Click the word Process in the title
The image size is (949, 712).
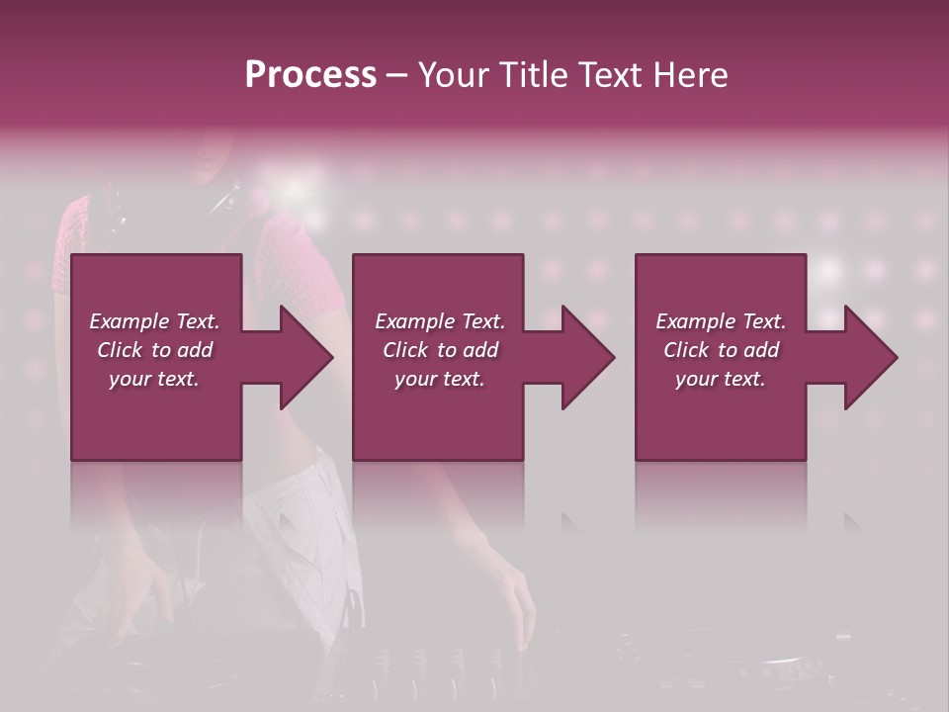pos(310,74)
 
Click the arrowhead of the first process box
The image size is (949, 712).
pos(306,357)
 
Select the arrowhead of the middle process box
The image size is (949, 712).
pos(588,357)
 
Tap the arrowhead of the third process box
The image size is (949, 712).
pos(871,357)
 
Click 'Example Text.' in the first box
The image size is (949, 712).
pos(154,321)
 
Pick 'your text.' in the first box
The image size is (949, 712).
pos(154,379)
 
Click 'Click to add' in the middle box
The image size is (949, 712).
pos(440,350)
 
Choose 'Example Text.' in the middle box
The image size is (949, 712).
pos(440,321)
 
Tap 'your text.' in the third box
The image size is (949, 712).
pos(721,379)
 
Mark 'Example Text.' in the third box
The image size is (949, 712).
pos(721,321)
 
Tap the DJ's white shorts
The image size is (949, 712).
pos(297,514)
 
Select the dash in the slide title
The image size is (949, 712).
pos(397,76)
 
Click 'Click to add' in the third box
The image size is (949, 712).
pos(721,350)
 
